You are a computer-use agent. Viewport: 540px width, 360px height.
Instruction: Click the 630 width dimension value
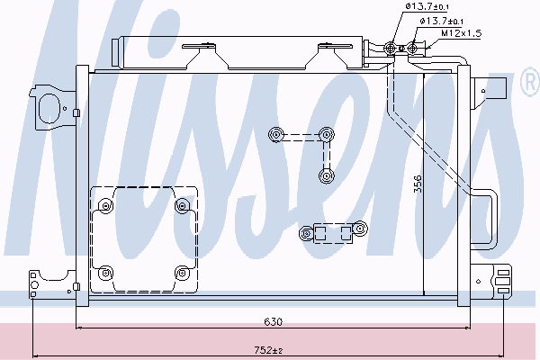[273, 322]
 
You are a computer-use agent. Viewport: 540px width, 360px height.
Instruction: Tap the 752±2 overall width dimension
[268, 350]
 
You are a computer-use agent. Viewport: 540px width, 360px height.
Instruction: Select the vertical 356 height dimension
[417, 184]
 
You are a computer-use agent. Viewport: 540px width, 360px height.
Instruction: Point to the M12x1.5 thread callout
[461, 33]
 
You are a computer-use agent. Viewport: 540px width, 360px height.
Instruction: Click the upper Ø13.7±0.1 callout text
[427, 6]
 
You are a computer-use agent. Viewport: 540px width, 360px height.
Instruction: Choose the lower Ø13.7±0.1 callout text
[442, 21]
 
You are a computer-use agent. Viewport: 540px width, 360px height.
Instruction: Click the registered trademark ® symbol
[531, 82]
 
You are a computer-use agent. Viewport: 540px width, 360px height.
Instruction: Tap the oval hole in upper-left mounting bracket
[48, 108]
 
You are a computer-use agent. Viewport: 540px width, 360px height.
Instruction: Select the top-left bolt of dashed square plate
[105, 206]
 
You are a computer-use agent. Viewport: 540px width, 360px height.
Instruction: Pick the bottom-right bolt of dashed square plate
[182, 274]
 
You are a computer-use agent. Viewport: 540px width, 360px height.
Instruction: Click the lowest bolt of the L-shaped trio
[326, 176]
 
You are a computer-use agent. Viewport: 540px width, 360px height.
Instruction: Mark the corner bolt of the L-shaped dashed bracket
[326, 134]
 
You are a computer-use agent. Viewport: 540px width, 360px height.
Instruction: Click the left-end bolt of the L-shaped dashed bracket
[276, 134]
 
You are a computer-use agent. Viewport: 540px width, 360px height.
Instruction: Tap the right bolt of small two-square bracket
[360, 229]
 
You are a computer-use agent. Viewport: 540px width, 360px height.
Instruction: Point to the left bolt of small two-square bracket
[306, 234]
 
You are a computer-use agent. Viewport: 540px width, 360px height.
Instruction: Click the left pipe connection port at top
[391, 49]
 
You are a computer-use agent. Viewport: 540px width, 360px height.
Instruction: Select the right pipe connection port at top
[412, 48]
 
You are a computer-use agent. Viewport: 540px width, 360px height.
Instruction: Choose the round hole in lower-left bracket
[34, 285]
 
